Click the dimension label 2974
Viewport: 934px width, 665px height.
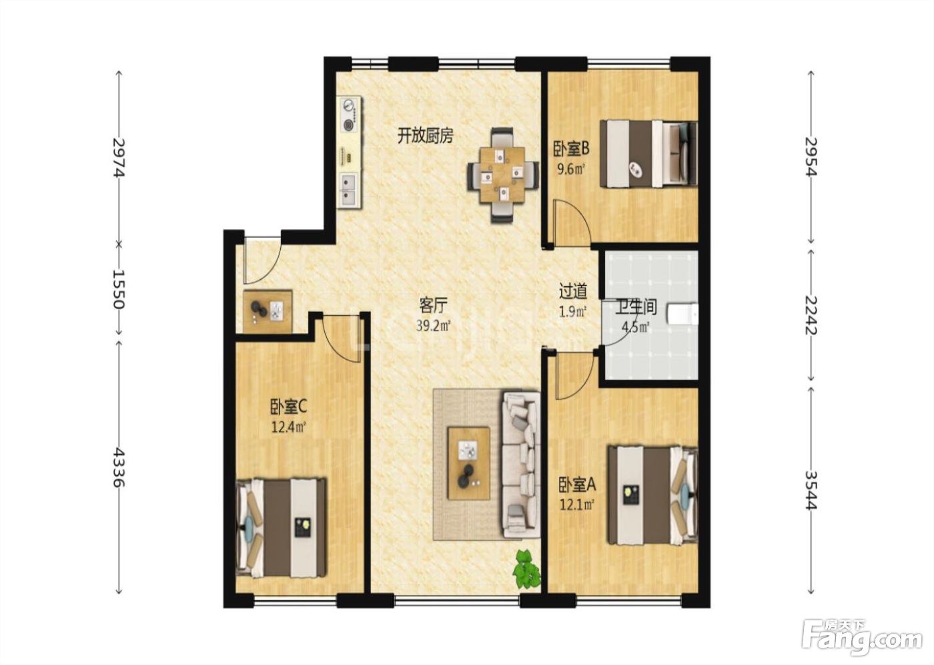(x=119, y=158)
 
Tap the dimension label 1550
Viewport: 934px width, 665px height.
(x=119, y=288)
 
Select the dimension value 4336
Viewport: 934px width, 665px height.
(x=119, y=467)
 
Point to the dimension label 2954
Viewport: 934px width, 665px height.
(x=811, y=156)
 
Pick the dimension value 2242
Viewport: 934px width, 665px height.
(x=811, y=315)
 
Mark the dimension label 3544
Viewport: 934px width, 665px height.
(x=811, y=491)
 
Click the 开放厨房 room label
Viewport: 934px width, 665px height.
(x=425, y=136)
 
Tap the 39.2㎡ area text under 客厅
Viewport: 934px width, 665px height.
(x=434, y=326)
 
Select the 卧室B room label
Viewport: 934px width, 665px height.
(x=571, y=148)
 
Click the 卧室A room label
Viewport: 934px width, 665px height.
(x=578, y=485)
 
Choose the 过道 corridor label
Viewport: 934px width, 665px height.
(x=573, y=291)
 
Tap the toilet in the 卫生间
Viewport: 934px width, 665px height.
(x=682, y=314)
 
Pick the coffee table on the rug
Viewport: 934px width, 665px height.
(x=468, y=463)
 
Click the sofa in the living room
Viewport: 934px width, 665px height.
(x=521, y=464)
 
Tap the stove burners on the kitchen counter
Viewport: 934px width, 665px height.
(x=349, y=114)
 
